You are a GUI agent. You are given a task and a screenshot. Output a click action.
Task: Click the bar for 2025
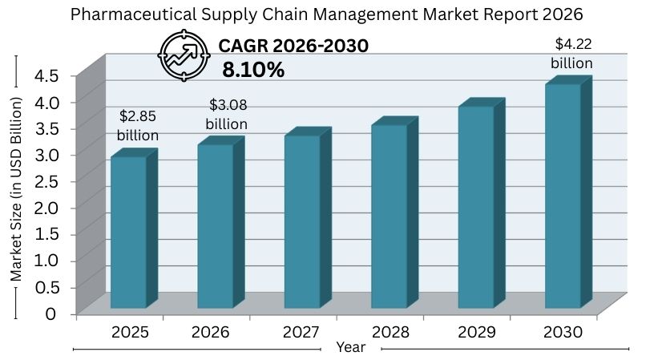coord(128,233)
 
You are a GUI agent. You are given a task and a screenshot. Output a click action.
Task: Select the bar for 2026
coord(216,226)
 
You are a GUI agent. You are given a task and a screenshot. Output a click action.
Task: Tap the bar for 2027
coord(302,222)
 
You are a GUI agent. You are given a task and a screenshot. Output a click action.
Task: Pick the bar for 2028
coord(389,216)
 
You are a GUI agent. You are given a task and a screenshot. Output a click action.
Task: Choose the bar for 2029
coord(476,207)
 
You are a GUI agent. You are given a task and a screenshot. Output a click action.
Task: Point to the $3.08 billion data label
coord(226,115)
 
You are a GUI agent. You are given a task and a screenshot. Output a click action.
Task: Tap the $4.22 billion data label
coord(571,53)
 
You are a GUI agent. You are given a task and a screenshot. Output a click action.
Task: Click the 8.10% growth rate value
coord(253,70)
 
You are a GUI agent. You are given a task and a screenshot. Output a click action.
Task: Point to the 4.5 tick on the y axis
coord(46,75)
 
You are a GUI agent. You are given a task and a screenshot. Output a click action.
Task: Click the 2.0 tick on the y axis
coord(46,207)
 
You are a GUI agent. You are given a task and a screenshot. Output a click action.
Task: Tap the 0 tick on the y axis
coord(51,313)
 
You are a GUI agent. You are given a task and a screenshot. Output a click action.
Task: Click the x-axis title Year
coord(350,347)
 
